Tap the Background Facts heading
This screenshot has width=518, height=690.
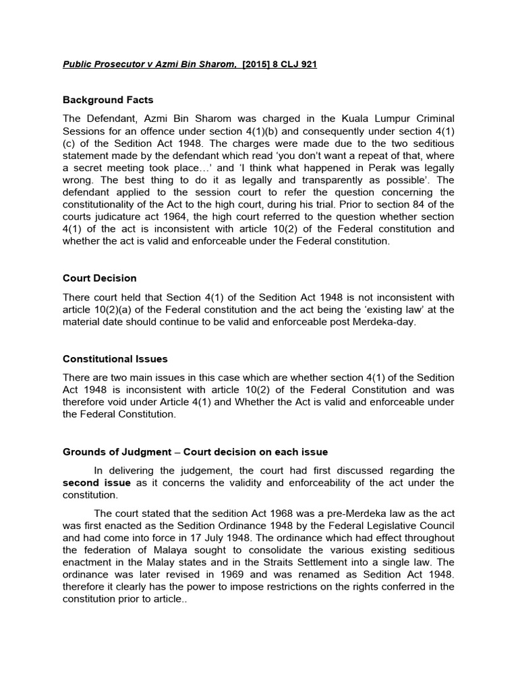click(x=108, y=100)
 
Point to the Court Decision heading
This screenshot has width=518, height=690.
click(x=100, y=278)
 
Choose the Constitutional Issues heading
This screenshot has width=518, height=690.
click(x=115, y=359)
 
